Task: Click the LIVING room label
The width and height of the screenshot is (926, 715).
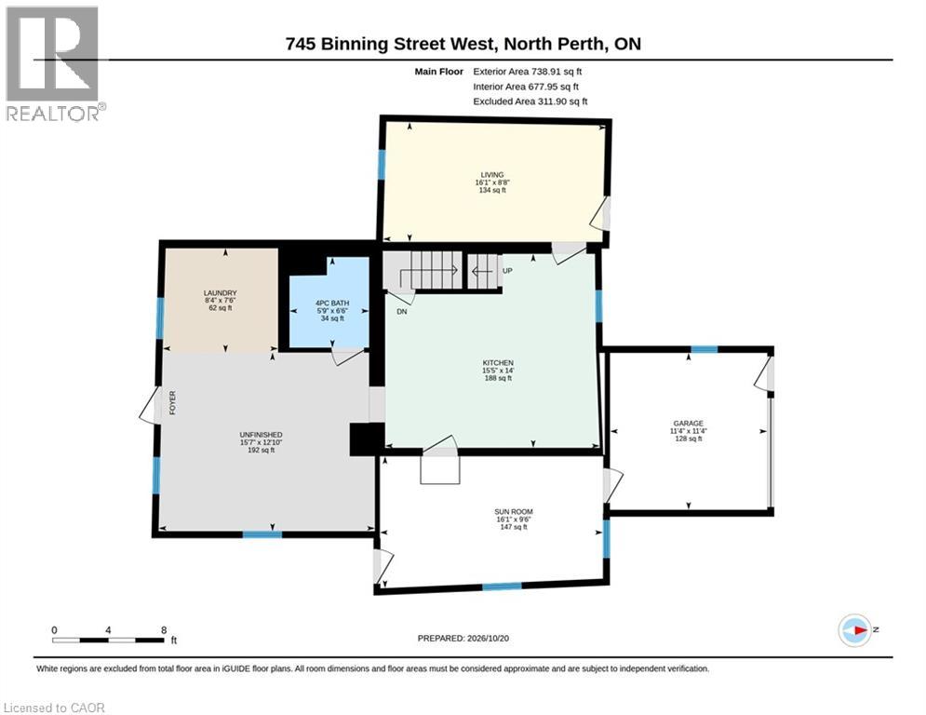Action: (x=492, y=175)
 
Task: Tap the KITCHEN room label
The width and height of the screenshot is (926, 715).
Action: (x=498, y=363)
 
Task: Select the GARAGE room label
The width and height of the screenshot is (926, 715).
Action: (x=688, y=424)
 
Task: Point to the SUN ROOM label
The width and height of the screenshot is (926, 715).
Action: (x=513, y=512)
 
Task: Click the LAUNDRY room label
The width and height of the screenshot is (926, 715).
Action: (x=220, y=293)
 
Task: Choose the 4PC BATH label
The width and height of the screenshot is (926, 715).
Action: (x=332, y=304)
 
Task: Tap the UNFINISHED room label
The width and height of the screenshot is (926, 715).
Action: (x=261, y=435)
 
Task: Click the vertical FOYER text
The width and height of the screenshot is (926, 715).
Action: (x=172, y=402)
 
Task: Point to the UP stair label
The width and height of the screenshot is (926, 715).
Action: (x=507, y=271)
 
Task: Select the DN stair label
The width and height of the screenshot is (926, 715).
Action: (x=402, y=311)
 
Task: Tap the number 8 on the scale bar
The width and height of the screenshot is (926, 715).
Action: (x=164, y=630)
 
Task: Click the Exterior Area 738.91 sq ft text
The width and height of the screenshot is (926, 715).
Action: (x=528, y=72)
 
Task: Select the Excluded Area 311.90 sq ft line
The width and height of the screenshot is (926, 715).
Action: (x=530, y=101)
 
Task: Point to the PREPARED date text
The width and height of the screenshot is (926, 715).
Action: (x=463, y=638)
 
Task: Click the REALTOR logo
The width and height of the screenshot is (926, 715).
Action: (x=55, y=64)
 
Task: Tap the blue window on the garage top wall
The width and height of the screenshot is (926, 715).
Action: (x=704, y=349)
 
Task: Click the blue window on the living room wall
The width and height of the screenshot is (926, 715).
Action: (x=382, y=164)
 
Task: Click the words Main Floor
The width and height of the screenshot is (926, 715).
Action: (x=438, y=72)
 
